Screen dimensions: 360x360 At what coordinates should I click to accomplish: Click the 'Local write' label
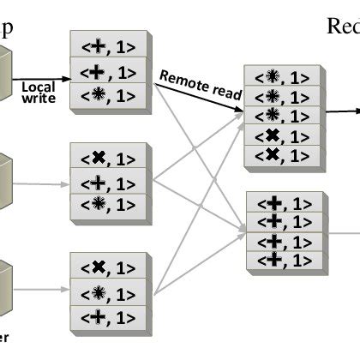pyautogui.click(x=39, y=93)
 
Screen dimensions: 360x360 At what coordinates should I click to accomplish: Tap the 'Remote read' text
pyautogui.click(x=200, y=86)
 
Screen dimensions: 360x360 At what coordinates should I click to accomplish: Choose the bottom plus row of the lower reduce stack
pyautogui.click(x=284, y=258)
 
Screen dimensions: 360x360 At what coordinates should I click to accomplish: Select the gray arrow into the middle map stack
pyautogui.click(x=43, y=183)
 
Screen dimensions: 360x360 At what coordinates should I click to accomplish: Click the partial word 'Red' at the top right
pyautogui.click(x=343, y=26)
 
